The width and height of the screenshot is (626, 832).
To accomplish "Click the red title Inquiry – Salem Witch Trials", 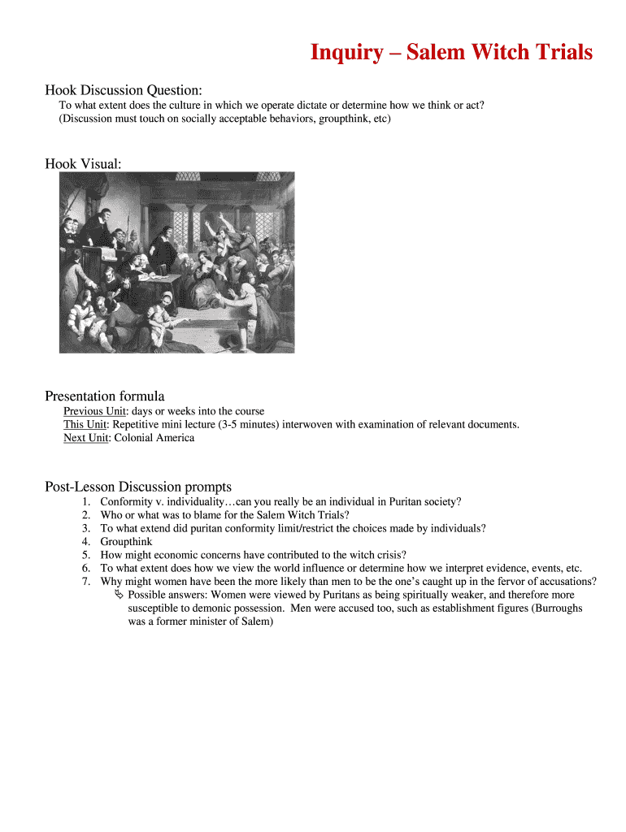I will [451, 53].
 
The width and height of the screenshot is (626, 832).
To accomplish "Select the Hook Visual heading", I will [83, 164].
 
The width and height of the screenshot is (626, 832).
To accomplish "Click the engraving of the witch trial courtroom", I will [176, 262].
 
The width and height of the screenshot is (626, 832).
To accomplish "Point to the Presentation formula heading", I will [104, 396].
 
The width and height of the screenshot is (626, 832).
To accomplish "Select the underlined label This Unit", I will [85, 424].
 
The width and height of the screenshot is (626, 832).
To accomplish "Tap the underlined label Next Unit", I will [86, 438].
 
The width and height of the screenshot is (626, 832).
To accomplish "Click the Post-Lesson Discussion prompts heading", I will [137, 487].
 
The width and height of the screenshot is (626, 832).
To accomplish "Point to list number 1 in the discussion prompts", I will [85, 502].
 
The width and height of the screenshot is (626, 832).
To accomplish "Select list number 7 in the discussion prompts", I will [85, 581].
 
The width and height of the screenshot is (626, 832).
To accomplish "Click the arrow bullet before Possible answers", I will [120, 595].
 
